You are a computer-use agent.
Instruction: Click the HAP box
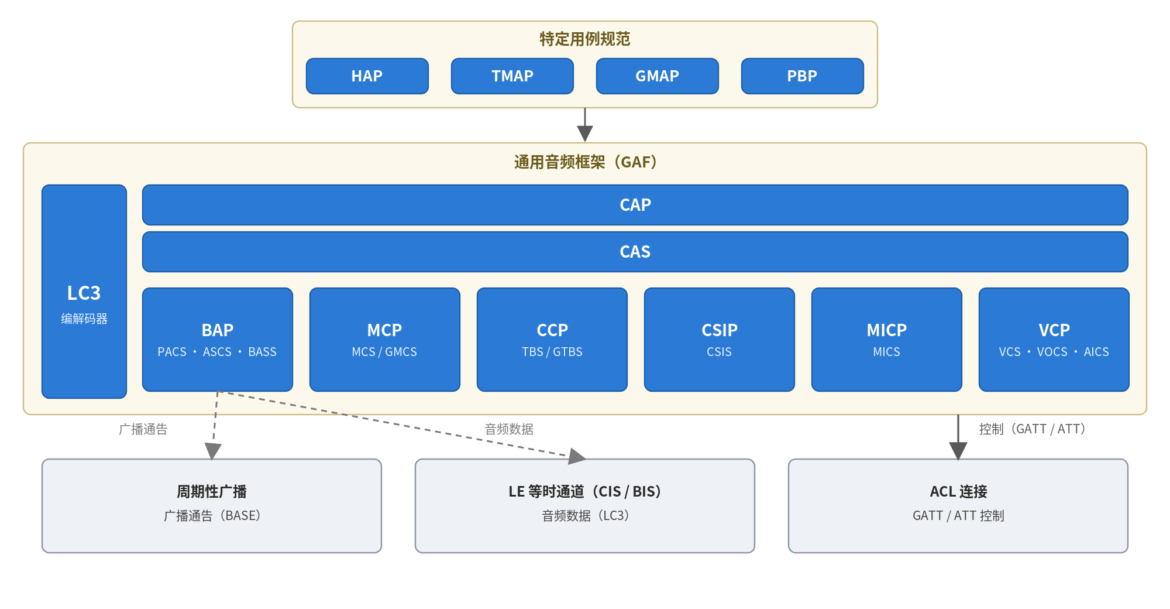pyautogui.click(x=367, y=76)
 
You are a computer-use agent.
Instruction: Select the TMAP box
pyautogui.click(x=512, y=76)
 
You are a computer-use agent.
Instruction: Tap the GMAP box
pyautogui.click(x=658, y=76)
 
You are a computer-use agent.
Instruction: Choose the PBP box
pyautogui.click(x=803, y=76)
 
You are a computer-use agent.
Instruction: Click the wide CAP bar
pyautogui.click(x=635, y=205)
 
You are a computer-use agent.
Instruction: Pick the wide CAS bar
pyautogui.click(x=635, y=252)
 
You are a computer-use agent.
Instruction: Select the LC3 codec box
pyautogui.click(x=84, y=292)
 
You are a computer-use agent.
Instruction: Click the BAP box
pyautogui.click(x=218, y=340)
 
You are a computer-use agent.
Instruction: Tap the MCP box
pyautogui.click(x=385, y=340)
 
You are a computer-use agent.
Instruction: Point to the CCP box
pyautogui.click(x=552, y=340)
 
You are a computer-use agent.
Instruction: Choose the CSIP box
pyautogui.click(x=720, y=340)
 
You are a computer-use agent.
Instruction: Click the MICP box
pyautogui.click(x=887, y=340)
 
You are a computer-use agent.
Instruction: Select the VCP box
pyautogui.click(x=1054, y=340)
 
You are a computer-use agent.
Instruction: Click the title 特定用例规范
pyautogui.click(x=585, y=39)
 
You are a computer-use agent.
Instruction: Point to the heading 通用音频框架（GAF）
pyautogui.click(x=585, y=162)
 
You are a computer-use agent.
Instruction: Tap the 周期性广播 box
pyautogui.click(x=212, y=506)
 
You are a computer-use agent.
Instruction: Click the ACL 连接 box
pyautogui.click(x=958, y=506)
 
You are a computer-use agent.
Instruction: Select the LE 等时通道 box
pyautogui.click(x=585, y=506)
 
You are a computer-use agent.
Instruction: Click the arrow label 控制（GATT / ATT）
pyautogui.click(x=1033, y=429)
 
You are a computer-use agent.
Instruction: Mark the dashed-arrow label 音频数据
pyautogui.click(x=509, y=429)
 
